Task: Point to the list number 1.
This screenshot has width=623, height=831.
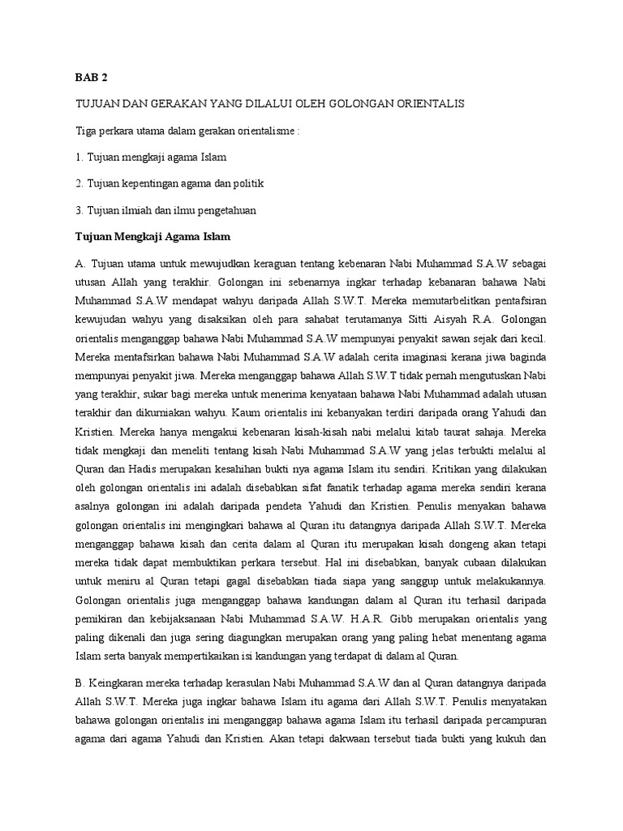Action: click(x=79, y=157)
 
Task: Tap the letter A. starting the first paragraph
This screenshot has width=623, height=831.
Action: click(x=80, y=264)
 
